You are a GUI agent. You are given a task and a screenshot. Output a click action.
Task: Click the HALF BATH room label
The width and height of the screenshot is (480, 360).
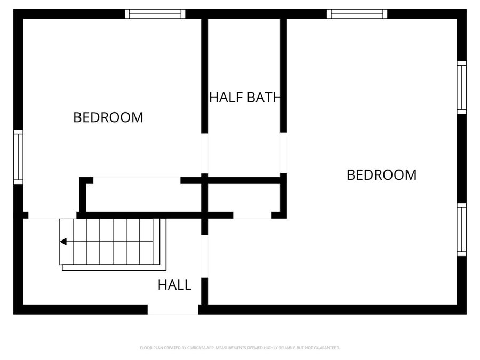(244, 98)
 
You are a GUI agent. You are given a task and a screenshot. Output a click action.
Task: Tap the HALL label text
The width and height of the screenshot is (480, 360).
(174, 285)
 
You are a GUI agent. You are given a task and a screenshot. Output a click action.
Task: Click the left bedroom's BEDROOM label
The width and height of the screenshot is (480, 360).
(108, 117)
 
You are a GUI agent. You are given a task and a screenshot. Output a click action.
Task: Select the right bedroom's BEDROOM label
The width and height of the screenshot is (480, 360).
(381, 175)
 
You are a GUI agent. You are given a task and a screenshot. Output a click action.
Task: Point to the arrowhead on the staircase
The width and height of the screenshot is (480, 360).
(63, 242)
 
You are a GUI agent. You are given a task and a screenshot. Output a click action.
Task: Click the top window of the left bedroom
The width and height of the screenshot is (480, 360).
(155, 14)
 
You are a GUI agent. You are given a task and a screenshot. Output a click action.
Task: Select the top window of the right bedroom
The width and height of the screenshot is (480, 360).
(357, 14)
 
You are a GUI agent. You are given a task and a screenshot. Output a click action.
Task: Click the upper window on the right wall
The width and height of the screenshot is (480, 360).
(461, 87)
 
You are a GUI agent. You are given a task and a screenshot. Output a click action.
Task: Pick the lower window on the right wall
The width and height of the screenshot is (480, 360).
(461, 229)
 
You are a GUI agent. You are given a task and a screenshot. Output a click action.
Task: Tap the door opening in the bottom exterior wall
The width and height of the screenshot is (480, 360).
(173, 309)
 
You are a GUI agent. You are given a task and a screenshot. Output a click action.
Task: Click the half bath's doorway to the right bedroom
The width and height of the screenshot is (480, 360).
(284, 152)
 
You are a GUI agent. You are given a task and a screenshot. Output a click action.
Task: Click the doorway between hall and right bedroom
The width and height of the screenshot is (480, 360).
(204, 256)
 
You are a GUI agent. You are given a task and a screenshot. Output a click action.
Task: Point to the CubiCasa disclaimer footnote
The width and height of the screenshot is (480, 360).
(239, 348)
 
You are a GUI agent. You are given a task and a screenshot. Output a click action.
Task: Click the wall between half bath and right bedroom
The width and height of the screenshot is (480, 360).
(284, 75)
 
